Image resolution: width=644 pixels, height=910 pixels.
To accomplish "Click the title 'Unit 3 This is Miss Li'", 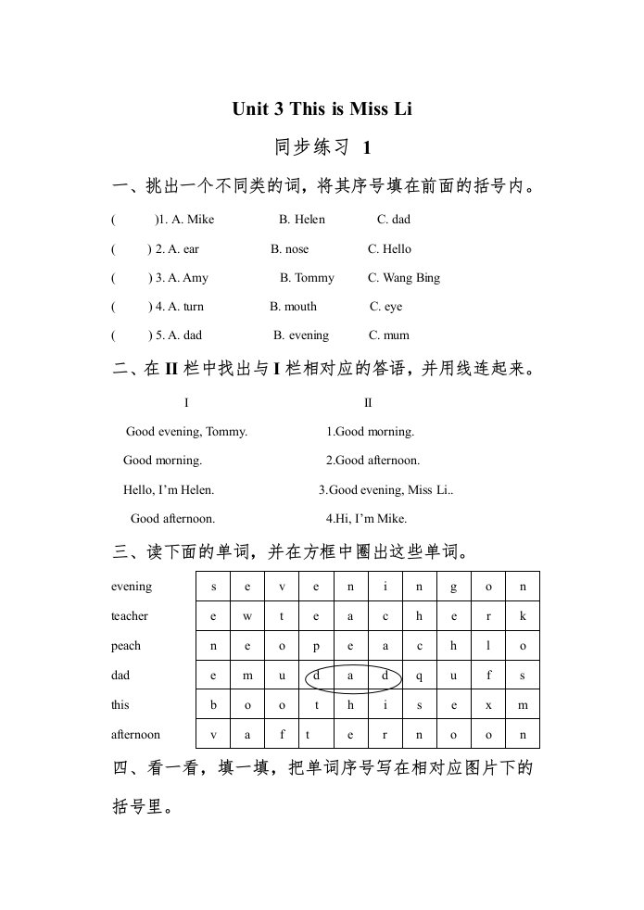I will pos(322,109).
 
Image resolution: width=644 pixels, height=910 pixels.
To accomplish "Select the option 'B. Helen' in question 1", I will pos(302,220).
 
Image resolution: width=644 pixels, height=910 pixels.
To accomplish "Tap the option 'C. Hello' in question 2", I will pos(389,248).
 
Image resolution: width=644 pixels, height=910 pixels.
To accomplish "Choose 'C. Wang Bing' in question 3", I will pos(404,277).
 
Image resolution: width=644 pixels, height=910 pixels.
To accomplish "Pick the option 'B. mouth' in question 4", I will pos(293,306).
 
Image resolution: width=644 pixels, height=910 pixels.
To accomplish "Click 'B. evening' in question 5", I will pos(301,335).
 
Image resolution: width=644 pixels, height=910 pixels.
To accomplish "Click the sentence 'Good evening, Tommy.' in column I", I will pos(186,431).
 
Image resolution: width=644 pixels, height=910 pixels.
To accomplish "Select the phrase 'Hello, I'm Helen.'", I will pos(169,489).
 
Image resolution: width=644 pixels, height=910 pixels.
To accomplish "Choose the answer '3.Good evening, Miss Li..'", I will pos(385,489).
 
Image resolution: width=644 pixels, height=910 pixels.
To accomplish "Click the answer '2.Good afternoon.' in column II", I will pos(373,460).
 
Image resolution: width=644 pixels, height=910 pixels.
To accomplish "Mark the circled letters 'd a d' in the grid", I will pos(352,676).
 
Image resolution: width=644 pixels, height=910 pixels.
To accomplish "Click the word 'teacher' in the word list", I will pos(130,616).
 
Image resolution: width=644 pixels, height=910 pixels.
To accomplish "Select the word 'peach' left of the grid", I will pos(126,646).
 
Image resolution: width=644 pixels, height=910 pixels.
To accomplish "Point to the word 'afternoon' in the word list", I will pos(135,734).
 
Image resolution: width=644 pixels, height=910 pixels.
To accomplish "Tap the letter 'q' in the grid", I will pos(419,676).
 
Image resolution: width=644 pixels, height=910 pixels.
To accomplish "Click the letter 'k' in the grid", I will pos(523,616).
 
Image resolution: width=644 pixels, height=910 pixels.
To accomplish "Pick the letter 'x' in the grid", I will pos(487,705).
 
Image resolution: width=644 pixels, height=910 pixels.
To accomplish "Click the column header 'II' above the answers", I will pos(368,402).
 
